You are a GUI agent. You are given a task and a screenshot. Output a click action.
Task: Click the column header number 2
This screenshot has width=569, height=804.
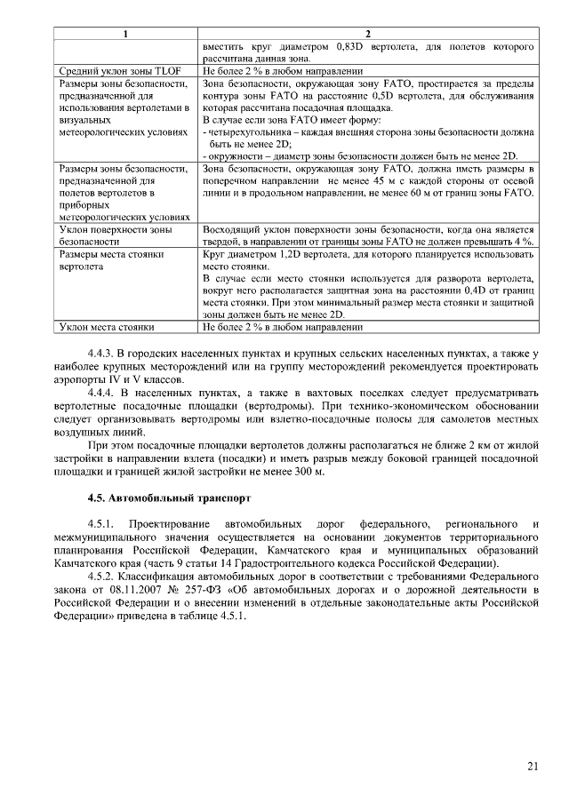click(x=367, y=34)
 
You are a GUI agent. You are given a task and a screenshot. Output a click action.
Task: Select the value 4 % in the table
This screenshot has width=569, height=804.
click(x=523, y=242)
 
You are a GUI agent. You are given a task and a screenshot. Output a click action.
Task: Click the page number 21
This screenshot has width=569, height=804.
click(x=532, y=766)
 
